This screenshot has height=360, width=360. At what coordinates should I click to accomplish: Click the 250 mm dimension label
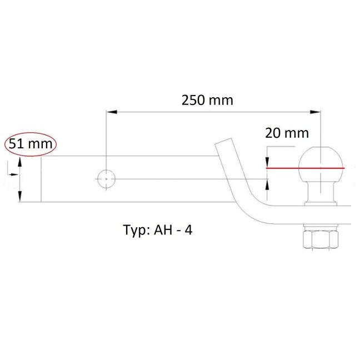pos(207,101)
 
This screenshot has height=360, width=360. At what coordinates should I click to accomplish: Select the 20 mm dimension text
pos(287,133)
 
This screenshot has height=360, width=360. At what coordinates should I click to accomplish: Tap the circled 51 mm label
pos(31,144)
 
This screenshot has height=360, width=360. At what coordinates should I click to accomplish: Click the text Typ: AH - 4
pos(158,230)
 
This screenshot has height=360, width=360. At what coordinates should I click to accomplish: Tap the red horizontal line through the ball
pos(306,168)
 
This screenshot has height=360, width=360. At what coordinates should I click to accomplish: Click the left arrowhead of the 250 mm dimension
pos(112,112)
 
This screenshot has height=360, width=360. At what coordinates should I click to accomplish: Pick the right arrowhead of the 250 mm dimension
pos(315,112)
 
